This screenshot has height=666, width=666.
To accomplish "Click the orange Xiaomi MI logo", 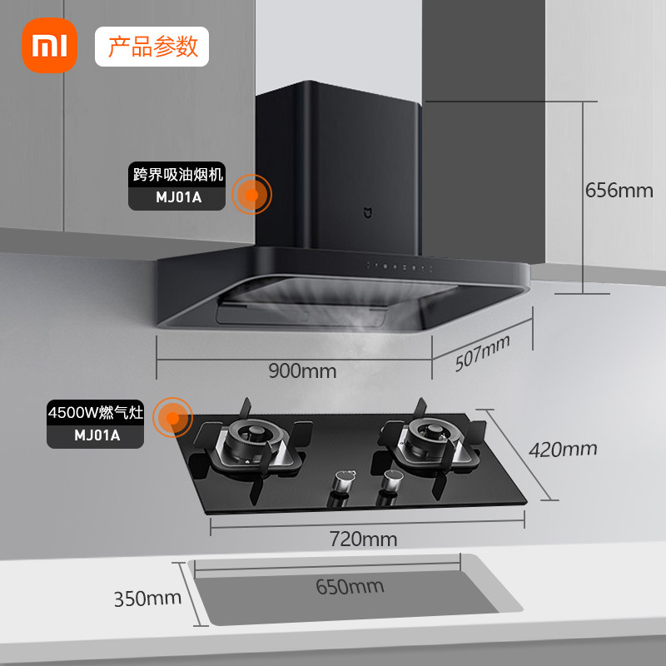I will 46,46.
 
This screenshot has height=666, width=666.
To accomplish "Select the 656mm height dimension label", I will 619,190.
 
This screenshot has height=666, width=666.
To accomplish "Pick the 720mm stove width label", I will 365,539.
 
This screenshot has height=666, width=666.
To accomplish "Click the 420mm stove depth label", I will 564,450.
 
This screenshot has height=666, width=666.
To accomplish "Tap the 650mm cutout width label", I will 350,586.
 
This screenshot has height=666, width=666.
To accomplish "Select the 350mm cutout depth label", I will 147,598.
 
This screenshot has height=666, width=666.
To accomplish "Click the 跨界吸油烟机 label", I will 177,175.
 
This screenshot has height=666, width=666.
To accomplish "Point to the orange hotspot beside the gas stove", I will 173,416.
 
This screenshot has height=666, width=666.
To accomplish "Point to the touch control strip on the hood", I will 400,267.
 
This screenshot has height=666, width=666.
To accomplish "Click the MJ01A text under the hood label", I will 177,199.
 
